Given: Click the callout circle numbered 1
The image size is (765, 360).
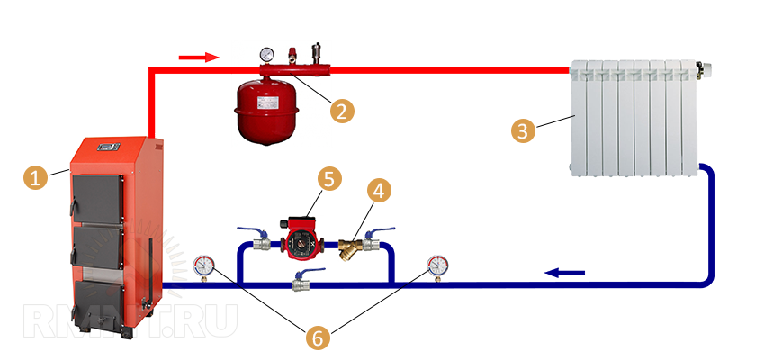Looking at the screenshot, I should click(35, 178).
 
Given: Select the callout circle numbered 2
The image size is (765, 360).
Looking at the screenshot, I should click(340, 111).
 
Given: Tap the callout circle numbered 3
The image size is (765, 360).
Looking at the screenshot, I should click(524, 130).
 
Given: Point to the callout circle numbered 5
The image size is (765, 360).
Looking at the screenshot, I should click(328, 179).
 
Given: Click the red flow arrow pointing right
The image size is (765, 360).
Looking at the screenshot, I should click(198, 58).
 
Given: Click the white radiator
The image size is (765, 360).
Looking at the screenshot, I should click(634, 117).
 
